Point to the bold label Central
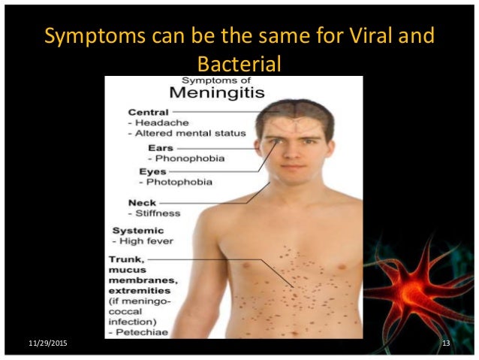[x=148, y=113]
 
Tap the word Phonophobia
[x=183, y=159]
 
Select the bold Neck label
[x=143, y=203]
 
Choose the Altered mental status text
[x=191, y=134]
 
